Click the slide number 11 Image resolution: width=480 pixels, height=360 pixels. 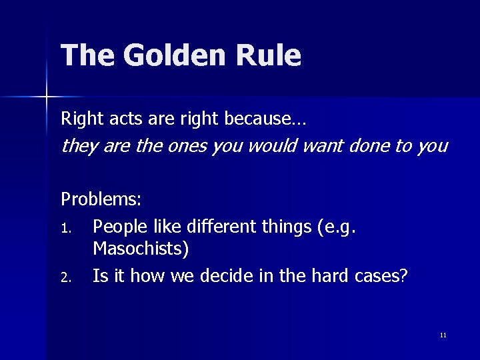click(443, 335)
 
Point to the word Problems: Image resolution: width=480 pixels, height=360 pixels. click(101, 199)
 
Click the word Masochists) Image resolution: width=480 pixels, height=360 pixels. click(141, 249)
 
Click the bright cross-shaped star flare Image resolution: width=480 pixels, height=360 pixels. click(47, 97)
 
